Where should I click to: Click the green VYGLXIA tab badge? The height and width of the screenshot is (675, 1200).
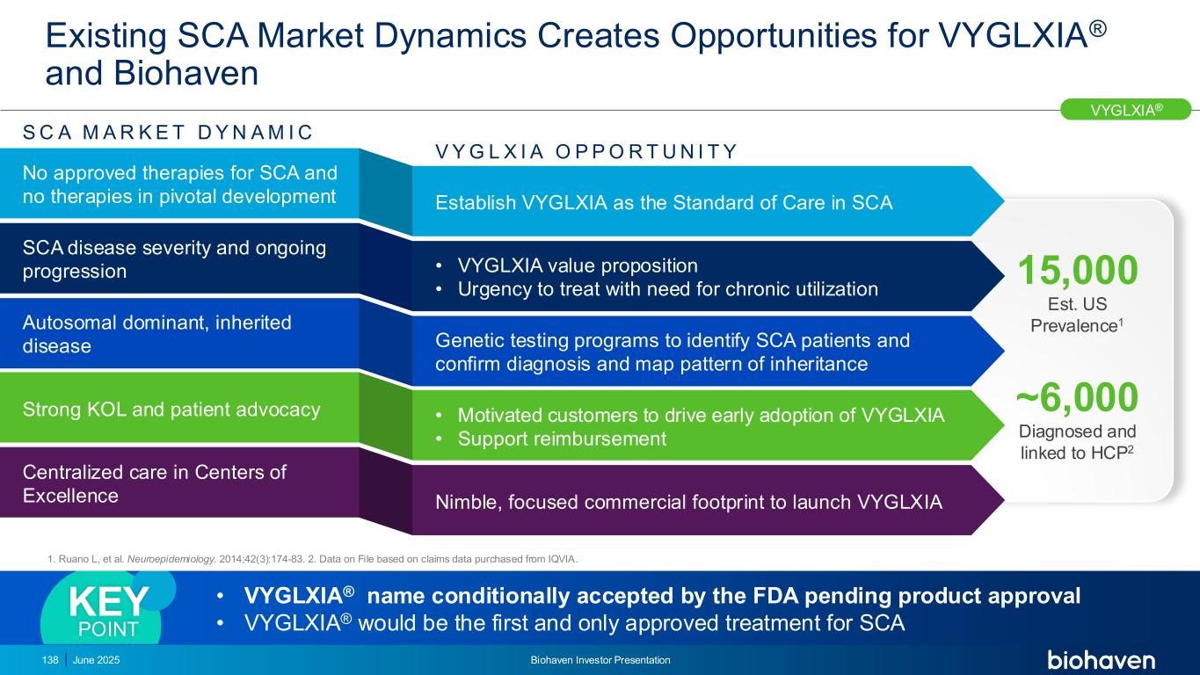[x=1126, y=109]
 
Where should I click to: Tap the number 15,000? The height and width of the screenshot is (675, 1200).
[x=1077, y=271]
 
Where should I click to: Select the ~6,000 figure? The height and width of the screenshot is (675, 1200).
[x=1077, y=399]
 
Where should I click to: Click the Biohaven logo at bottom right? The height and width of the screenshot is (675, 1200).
[x=1101, y=660]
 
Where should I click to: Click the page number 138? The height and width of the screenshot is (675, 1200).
[x=49, y=660]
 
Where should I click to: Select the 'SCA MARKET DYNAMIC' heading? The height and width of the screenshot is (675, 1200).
[x=167, y=133]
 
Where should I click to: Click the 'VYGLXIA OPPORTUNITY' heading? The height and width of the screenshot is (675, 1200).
[x=586, y=152]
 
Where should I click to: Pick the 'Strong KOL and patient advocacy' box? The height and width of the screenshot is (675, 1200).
[x=171, y=409]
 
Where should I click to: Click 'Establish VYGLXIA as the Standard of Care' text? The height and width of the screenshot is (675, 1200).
[x=664, y=203]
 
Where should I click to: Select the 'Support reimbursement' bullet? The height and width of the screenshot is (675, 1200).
[x=562, y=438]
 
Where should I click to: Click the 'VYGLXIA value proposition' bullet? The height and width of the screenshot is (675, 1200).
[x=578, y=265]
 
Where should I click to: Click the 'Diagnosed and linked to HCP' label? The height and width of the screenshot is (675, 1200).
[x=1077, y=442]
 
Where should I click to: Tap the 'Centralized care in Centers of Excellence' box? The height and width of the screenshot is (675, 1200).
[x=155, y=483]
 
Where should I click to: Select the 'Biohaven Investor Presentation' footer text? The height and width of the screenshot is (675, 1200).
[x=600, y=660]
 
